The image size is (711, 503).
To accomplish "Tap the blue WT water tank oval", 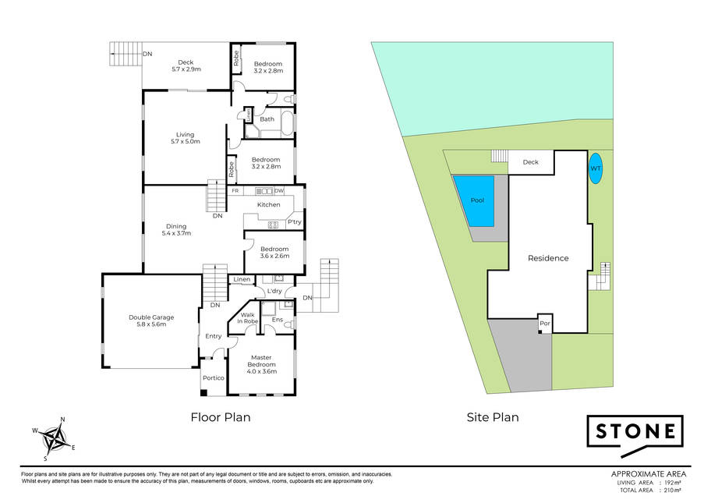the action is [596, 168].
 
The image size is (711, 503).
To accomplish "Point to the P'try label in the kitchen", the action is [294, 221].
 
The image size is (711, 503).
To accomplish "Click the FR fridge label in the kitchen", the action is [235, 191].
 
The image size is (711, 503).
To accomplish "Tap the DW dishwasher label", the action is [279, 191].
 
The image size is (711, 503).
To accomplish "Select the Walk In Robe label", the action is [248, 318].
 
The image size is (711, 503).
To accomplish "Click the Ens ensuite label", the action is [277, 320].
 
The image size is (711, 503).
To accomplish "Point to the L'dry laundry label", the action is [274, 291].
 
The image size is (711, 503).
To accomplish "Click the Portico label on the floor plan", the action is [213, 377].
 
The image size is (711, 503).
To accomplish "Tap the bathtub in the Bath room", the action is [287, 122].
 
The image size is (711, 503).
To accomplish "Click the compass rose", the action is [54, 438].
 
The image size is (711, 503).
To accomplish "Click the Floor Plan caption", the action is [221, 417].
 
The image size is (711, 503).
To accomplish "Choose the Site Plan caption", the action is [493, 417].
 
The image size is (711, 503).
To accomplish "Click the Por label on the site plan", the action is [545, 324].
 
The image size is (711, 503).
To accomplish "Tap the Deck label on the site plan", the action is [531, 162].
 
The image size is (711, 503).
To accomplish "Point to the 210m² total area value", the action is [673, 491].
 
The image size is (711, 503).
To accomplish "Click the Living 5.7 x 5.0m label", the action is [185, 138].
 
